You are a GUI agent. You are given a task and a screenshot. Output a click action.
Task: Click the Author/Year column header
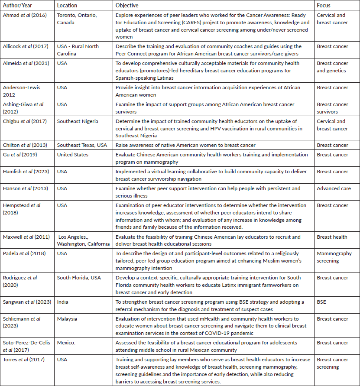18,6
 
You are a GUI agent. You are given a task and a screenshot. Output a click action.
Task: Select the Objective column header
127,6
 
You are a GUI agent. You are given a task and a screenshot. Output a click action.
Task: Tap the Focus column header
323,6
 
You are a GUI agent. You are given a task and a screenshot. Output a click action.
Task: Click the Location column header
67,6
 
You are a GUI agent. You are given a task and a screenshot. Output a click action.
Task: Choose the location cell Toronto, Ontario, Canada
76,19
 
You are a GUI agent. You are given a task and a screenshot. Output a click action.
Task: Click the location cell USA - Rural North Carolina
78,50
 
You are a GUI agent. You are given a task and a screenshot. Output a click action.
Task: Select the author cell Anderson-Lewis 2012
22,91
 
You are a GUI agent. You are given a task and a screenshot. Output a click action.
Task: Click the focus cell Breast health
332,237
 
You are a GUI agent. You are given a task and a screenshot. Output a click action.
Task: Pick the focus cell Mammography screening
334,257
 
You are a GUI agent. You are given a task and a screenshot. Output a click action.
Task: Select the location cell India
63,302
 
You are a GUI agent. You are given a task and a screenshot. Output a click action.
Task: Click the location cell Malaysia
67,319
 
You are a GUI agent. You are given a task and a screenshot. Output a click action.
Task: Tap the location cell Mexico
66,343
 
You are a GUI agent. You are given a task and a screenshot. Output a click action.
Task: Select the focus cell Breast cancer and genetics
332,67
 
